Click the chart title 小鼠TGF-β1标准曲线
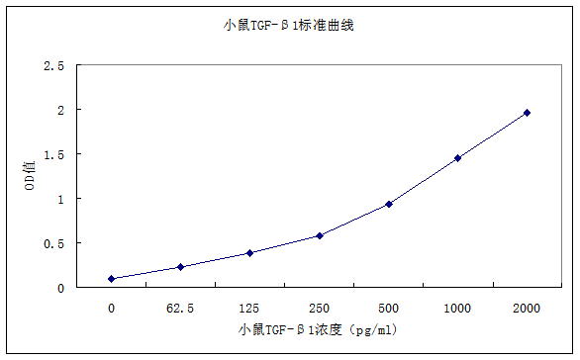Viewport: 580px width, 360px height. [289, 25]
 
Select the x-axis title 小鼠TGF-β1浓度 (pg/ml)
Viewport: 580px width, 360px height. [317, 329]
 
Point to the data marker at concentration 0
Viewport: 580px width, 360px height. [111, 279]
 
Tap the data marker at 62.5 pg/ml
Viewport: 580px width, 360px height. [180, 267]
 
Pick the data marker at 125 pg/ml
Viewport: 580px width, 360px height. [249, 253]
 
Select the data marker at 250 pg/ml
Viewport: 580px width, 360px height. [319, 235]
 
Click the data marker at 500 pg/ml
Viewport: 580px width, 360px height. [389, 204]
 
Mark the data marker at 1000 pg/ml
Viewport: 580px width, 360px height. [457, 157]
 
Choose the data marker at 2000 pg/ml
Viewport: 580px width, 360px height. [527, 113]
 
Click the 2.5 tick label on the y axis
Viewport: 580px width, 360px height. [54, 65]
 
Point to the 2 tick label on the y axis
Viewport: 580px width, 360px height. [61, 110]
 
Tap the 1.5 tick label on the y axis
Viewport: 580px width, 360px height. [54, 154]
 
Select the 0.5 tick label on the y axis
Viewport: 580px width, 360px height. [54, 243]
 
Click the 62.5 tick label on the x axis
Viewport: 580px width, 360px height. [180, 308]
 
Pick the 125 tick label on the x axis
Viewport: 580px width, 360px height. [249, 308]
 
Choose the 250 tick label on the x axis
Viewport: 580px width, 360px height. [319, 308]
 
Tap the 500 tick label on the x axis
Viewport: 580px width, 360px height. [388, 308]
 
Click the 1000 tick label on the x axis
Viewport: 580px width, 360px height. [457, 308]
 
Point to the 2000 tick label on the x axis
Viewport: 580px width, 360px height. [527, 308]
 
